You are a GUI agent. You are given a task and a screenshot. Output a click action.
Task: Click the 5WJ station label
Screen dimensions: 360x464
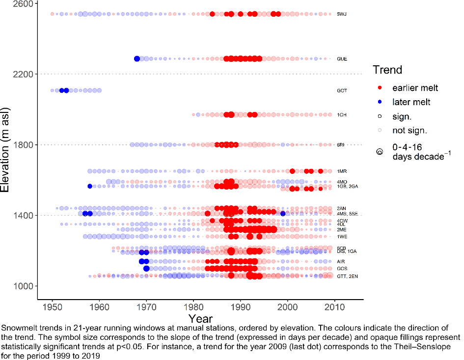click(342, 14)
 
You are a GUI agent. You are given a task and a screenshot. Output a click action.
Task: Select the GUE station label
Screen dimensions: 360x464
click(342, 59)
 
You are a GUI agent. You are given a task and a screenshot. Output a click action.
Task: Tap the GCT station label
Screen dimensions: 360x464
click(342, 91)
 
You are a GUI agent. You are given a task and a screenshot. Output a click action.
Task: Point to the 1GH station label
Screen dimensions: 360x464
click(342, 115)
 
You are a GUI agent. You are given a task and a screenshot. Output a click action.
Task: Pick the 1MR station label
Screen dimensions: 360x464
click(342, 171)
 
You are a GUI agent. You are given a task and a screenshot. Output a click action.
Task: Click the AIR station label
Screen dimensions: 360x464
click(341, 262)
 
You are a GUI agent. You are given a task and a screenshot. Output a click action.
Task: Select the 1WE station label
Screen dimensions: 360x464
click(342, 237)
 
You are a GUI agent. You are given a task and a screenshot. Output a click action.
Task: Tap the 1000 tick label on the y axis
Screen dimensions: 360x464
click(23, 286)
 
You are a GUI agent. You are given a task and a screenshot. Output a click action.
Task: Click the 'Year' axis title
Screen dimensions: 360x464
click(200, 319)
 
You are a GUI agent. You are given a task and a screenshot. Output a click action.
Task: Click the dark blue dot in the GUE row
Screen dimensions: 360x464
click(137, 59)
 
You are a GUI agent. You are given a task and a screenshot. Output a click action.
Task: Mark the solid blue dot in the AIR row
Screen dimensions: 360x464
click(142, 262)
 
